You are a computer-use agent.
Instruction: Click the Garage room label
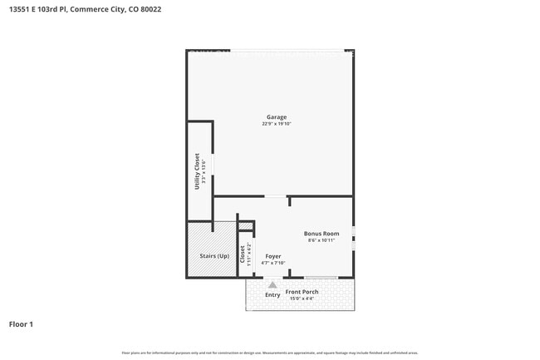tap(277, 116)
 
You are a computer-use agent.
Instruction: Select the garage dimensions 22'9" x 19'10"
tap(277, 124)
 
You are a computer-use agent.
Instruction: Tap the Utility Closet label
tap(197, 172)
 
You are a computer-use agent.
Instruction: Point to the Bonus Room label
tap(322, 234)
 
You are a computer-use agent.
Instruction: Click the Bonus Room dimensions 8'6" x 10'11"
tap(322, 240)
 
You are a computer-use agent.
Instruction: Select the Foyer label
tap(272, 256)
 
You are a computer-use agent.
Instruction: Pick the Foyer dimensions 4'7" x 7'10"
tap(272, 263)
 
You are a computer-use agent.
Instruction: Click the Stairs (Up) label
tap(214, 256)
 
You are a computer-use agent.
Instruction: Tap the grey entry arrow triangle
tap(272, 284)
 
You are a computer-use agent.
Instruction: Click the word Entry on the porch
tap(272, 295)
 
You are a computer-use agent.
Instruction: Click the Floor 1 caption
tap(21, 324)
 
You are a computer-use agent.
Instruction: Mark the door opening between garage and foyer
tap(275, 197)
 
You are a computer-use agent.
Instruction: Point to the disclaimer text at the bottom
tap(270, 353)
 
